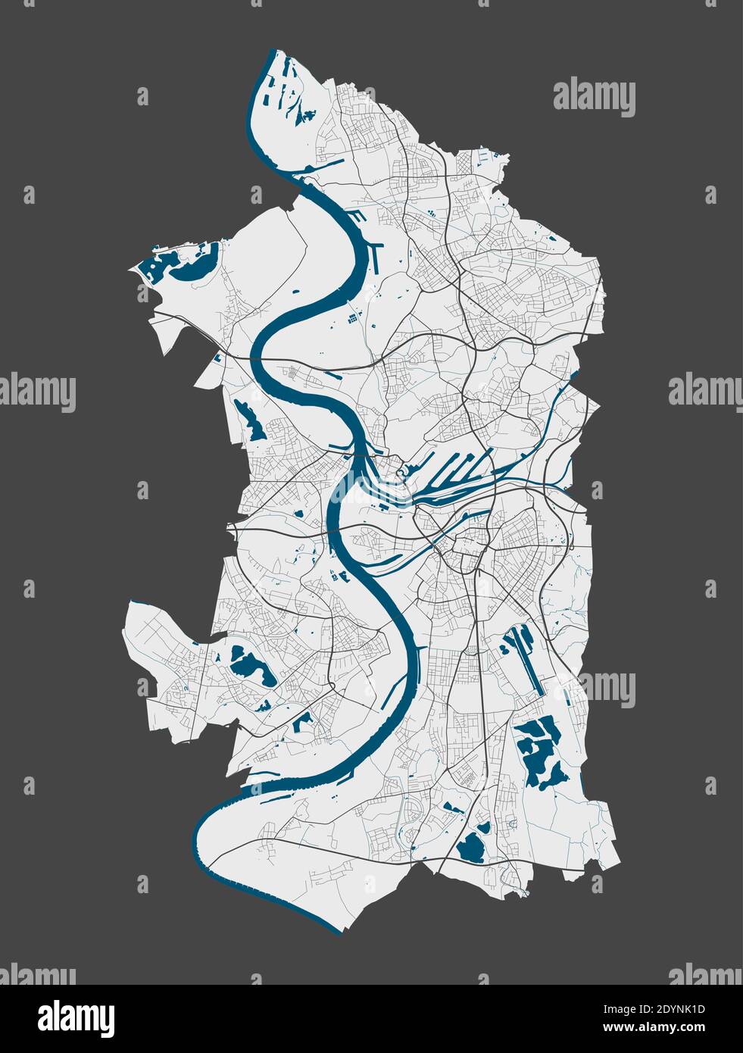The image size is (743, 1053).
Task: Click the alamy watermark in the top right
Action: click(594, 97)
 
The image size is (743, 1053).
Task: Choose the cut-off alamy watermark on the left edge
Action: click(38, 392)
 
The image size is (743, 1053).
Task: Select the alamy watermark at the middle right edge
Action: click(704, 392)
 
